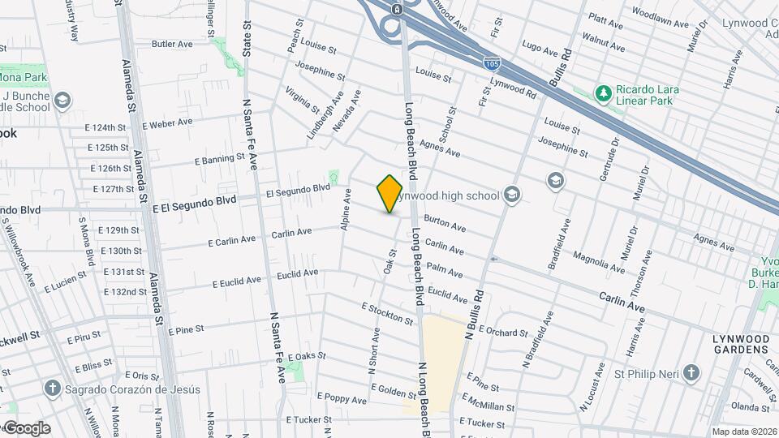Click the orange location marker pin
(389, 194)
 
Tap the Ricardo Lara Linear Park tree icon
(603, 95)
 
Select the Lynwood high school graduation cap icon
(511, 195)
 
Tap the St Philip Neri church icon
(691, 374)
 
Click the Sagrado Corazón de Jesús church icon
(54, 389)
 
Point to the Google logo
(26, 428)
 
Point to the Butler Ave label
(170, 44)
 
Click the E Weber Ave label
(167, 123)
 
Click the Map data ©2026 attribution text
(743, 432)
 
